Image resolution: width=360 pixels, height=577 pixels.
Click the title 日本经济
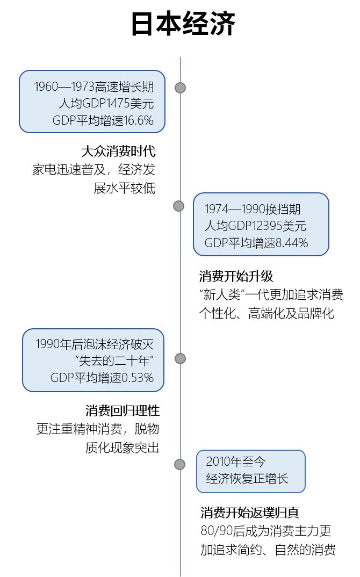183,25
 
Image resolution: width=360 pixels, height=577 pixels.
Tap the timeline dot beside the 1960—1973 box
180,88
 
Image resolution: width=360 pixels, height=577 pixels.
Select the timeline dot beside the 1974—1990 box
178,206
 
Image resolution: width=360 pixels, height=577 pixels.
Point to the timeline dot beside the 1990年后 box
180,358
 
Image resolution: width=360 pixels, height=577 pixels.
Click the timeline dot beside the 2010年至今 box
179,464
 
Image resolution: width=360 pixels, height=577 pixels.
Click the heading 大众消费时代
118,150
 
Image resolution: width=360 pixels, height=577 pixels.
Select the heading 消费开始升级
236,277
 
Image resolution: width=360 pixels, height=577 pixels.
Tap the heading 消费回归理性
123,411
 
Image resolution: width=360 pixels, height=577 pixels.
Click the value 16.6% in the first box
139,120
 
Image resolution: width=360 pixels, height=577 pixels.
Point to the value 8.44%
292,243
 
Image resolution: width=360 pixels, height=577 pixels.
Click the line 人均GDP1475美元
106,104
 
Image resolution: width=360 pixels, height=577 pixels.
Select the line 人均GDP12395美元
255,226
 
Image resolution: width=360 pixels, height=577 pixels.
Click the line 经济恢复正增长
247,478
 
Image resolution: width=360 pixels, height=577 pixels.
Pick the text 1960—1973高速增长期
94,87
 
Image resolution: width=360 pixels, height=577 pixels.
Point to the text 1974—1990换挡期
253,210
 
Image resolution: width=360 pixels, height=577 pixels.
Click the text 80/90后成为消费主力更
265,531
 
